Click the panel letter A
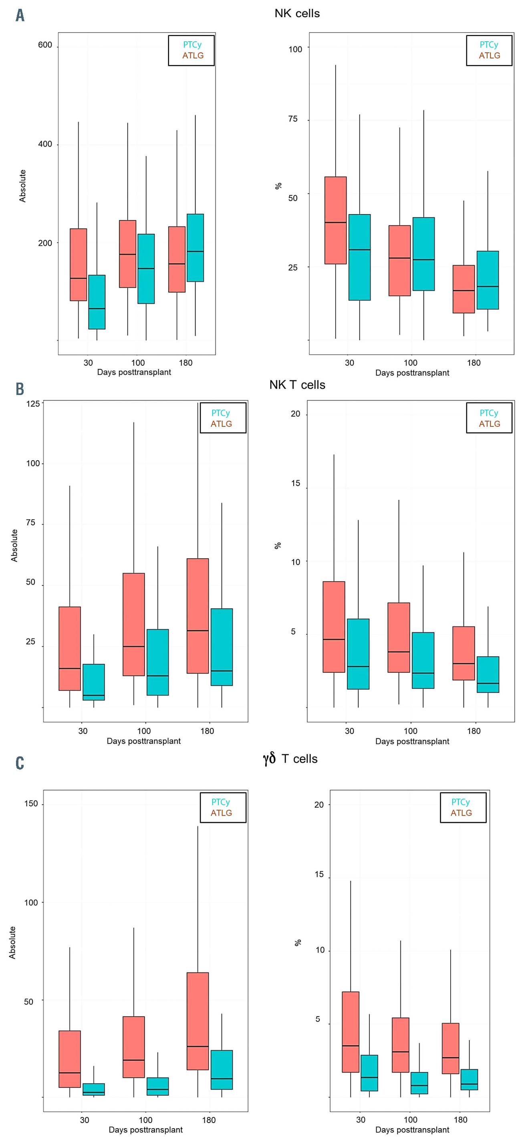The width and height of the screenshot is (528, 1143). tap(20, 16)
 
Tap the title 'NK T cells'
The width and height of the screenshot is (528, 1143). tap(297, 385)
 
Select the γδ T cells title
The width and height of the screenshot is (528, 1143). tap(290, 758)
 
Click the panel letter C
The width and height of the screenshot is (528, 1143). tap(20, 763)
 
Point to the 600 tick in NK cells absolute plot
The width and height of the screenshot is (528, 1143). tap(45, 45)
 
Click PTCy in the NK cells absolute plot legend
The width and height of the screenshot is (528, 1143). tap(192, 44)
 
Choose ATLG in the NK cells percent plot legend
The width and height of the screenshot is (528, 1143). tap(490, 56)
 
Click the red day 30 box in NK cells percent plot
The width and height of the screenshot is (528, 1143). tap(335, 220)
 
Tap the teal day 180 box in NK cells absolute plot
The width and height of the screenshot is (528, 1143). tap(195, 248)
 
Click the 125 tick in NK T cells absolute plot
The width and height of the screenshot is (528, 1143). tap(33, 404)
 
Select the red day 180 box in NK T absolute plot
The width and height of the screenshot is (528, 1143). tap(197, 616)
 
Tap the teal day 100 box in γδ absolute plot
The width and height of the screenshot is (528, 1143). tap(158, 1086)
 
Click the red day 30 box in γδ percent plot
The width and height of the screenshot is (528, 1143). tap(351, 1032)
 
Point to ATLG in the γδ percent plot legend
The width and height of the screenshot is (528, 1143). tap(461, 813)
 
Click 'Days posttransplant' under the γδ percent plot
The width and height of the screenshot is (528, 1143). tap(412, 1130)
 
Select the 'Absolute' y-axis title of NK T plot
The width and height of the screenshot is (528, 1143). tap(14, 545)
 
